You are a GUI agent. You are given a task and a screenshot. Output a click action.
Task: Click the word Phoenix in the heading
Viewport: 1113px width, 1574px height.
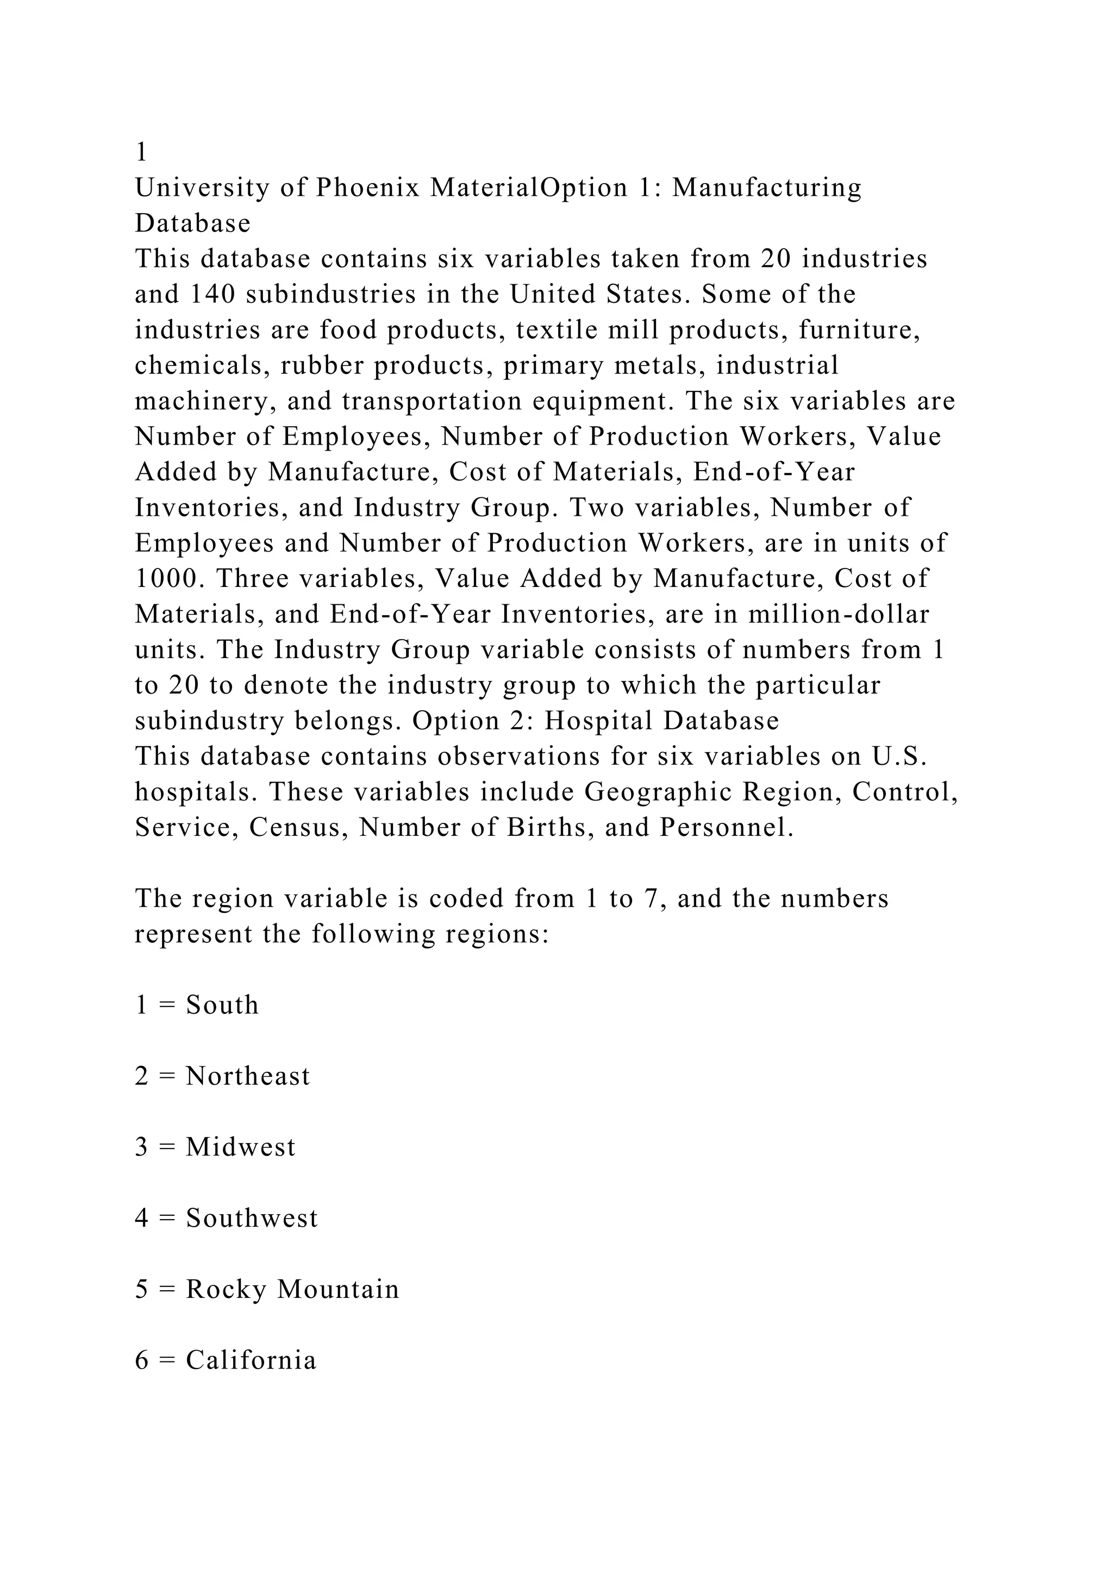[367, 188]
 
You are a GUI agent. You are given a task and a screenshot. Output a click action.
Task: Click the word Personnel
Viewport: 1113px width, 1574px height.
[727, 828]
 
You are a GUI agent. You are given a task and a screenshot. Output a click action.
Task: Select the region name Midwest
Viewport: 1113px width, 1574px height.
[241, 1147]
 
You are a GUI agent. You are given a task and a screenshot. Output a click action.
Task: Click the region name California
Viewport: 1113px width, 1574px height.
[251, 1361]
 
